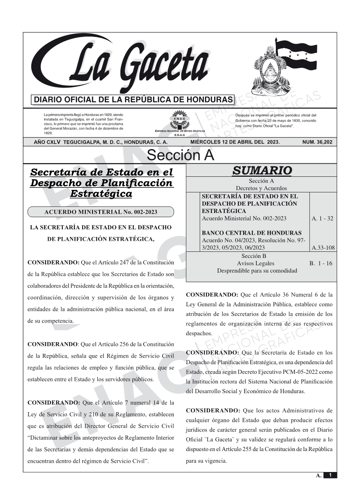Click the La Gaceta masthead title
[141, 65]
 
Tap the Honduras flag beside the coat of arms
[297, 53]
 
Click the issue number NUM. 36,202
[317, 142]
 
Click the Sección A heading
[180, 155]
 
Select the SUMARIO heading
[262, 170]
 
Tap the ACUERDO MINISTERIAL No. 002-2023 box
[101, 212]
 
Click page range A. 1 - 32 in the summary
[322, 219]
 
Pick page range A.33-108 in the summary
[323, 248]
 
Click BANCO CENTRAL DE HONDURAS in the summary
[251, 233]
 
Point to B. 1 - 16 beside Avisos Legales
[321, 263]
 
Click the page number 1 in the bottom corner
[330, 475]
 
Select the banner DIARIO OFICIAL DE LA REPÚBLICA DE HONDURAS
[133, 100]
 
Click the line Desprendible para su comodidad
[257, 270]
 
